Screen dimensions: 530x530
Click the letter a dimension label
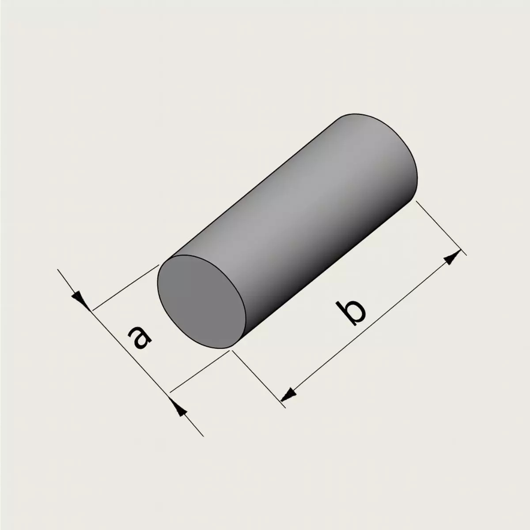pyautogui.click(x=140, y=338)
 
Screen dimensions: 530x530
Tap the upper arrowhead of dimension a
pyautogui.click(x=80, y=301)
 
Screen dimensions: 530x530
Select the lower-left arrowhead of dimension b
pyautogui.click(x=289, y=395)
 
